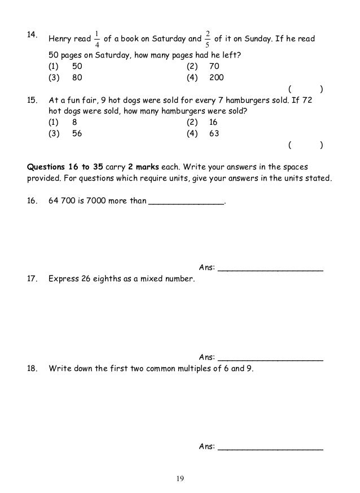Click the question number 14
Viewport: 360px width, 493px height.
[33, 35]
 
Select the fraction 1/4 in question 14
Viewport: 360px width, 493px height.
[97, 39]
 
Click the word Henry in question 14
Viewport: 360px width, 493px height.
[61, 40]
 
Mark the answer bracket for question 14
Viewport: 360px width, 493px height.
[305, 89]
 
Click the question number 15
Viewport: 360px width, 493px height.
[33, 100]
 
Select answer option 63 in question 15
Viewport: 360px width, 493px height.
[214, 134]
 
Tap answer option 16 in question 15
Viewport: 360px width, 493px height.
[214, 122]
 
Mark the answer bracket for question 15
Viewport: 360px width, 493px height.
[305, 145]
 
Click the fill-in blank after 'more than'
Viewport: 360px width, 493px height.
[186, 202]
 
